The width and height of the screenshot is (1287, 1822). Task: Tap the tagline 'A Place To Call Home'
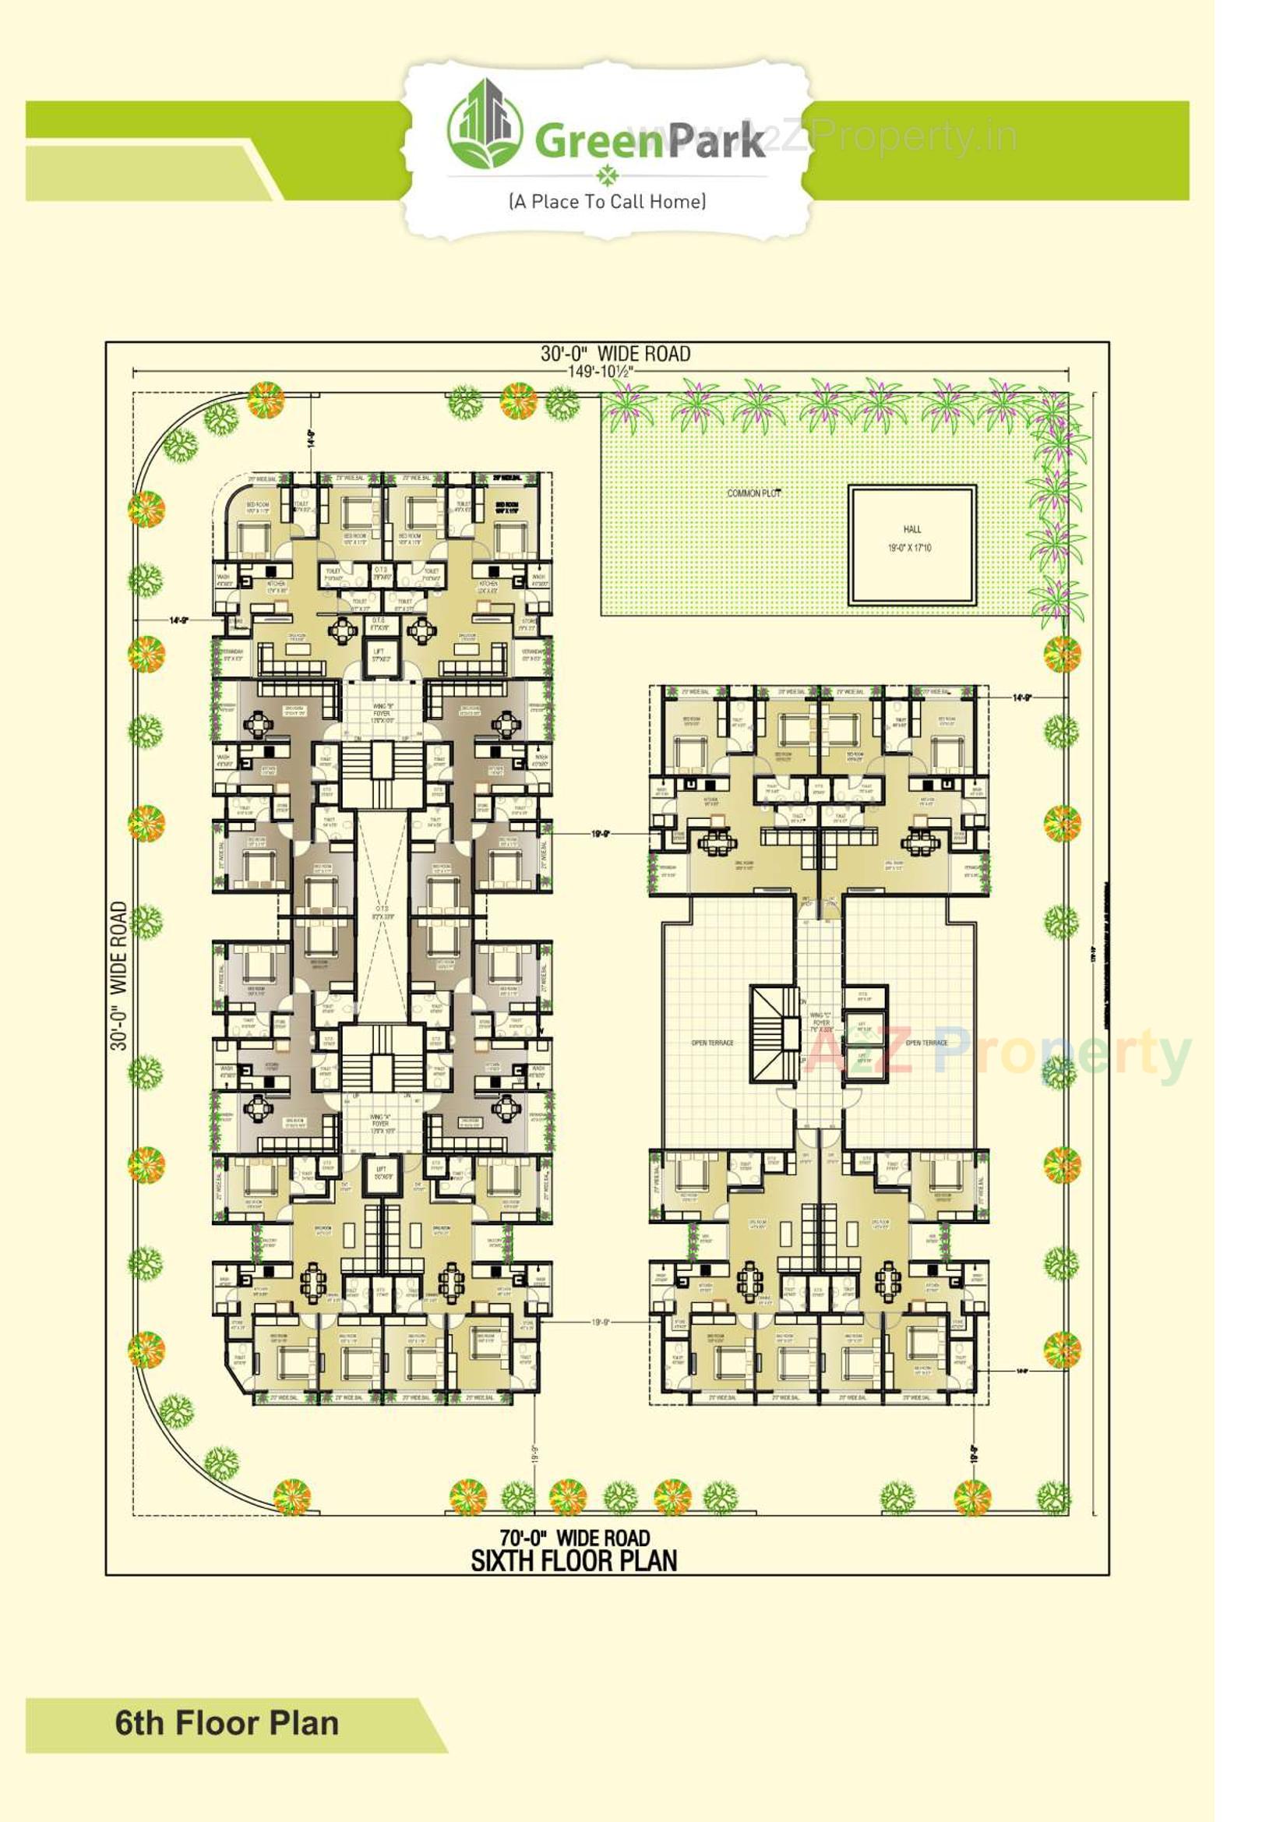[607, 202]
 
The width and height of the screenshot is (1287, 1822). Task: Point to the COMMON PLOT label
[754, 493]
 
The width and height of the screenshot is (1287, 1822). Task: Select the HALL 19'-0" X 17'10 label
[911, 538]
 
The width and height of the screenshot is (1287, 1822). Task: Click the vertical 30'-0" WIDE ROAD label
[119, 975]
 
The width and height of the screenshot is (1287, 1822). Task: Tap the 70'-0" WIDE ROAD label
[574, 1538]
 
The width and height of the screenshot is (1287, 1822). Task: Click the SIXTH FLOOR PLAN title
[574, 1561]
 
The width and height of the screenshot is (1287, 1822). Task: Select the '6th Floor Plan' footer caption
[227, 1724]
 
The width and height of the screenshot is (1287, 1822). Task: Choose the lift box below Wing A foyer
[381, 1174]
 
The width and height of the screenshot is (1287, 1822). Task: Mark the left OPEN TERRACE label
[713, 1043]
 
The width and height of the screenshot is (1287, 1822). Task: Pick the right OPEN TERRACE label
[926, 1043]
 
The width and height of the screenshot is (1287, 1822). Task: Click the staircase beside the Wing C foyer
[774, 1033]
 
